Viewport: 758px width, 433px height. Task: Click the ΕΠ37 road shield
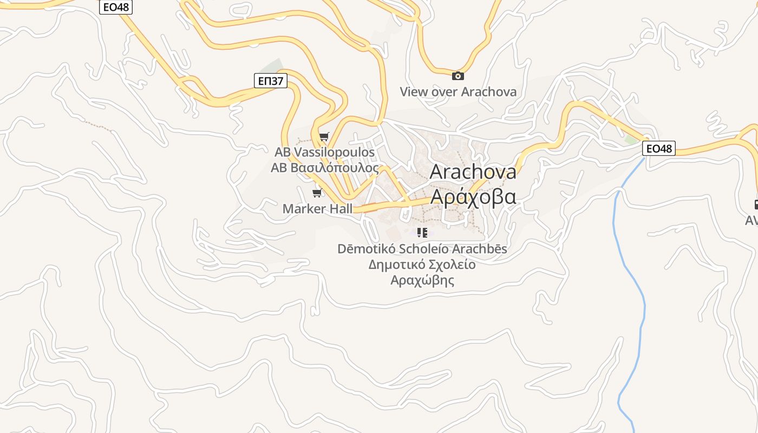point(270,81)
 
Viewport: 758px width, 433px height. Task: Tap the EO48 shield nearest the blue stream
point(659,148)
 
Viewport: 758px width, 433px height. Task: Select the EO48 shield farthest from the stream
point(116,7)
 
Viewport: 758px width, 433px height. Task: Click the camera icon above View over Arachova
point(458,76)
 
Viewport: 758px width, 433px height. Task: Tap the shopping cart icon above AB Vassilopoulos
point(324,136)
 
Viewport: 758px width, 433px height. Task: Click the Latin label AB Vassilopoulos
point(324,152)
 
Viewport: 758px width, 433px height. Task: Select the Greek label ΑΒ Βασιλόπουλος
point(324,167)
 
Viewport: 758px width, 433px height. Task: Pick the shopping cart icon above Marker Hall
point(317,193)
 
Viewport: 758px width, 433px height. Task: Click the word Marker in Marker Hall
point(302,208)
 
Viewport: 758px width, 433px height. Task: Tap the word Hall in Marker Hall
point(338,208)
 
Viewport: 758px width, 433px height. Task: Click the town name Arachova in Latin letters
point(473,172)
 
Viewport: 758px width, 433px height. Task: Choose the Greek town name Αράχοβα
point(473,196)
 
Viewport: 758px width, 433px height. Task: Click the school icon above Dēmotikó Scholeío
point(422,233)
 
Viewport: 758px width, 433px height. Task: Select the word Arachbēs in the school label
point(480,249)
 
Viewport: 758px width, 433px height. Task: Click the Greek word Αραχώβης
point(422,280)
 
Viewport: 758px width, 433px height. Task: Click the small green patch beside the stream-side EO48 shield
point(631,139)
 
